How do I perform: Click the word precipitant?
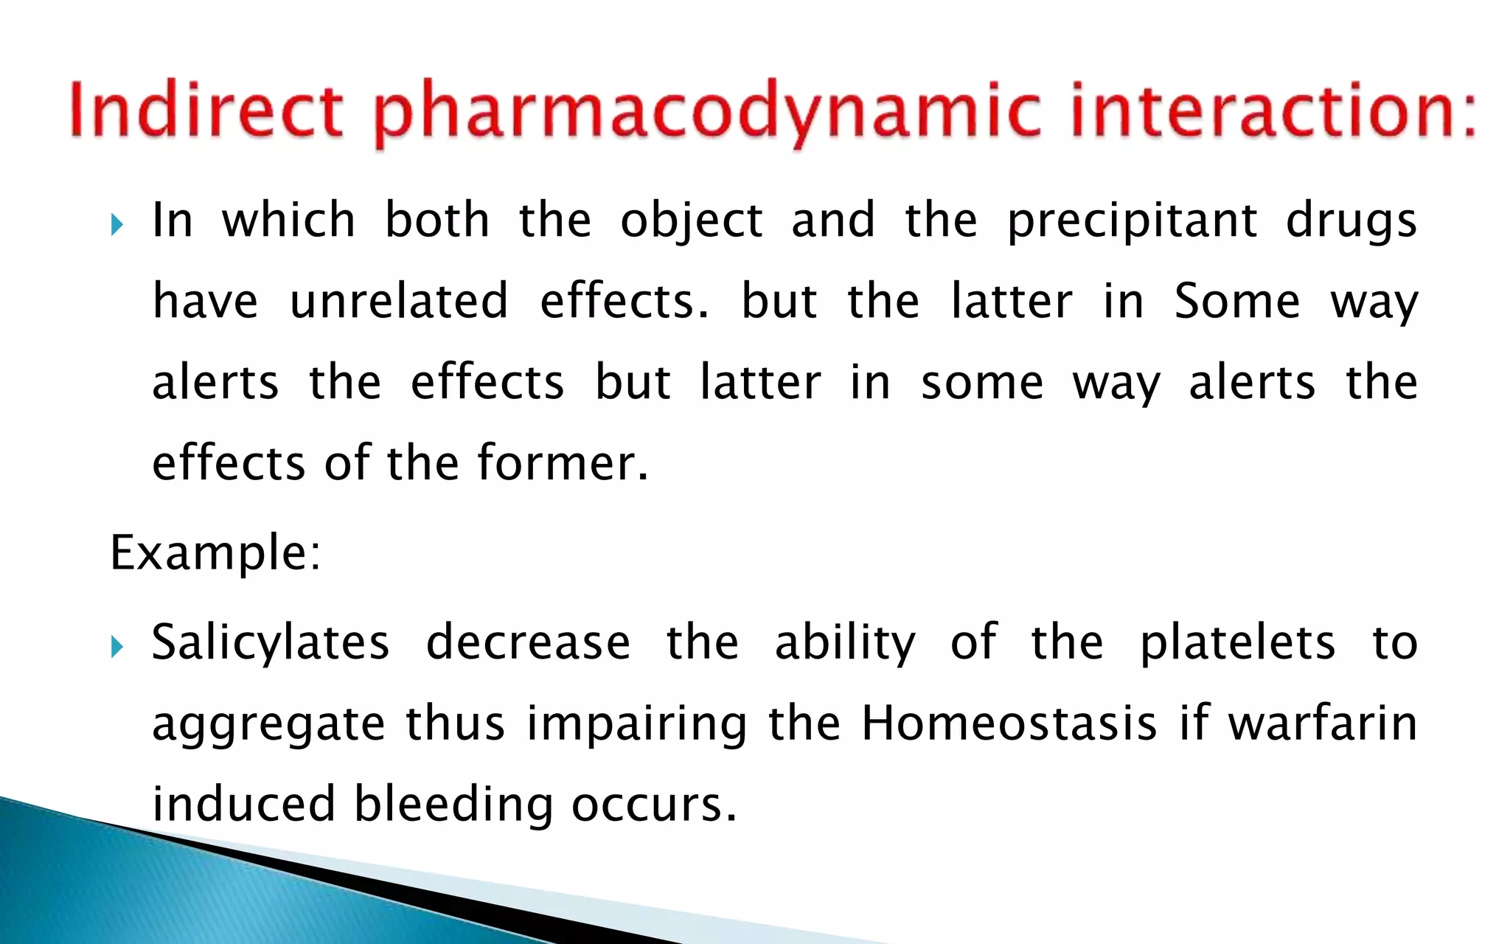(x=1132, y=221)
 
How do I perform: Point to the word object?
(x=691, y=221)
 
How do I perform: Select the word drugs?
(x=1351, y=221)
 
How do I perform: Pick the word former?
(x=563, y=462)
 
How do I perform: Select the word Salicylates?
(x=271, y=642)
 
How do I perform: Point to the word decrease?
(x=528, y=642)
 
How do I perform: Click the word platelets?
(x=1237, y=642)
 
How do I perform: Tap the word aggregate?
(x=268, y=724)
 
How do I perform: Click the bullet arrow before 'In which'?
(x=116, y=224)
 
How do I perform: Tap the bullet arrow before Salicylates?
(x=116, y=647)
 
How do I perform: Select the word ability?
(x=845, y=642)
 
